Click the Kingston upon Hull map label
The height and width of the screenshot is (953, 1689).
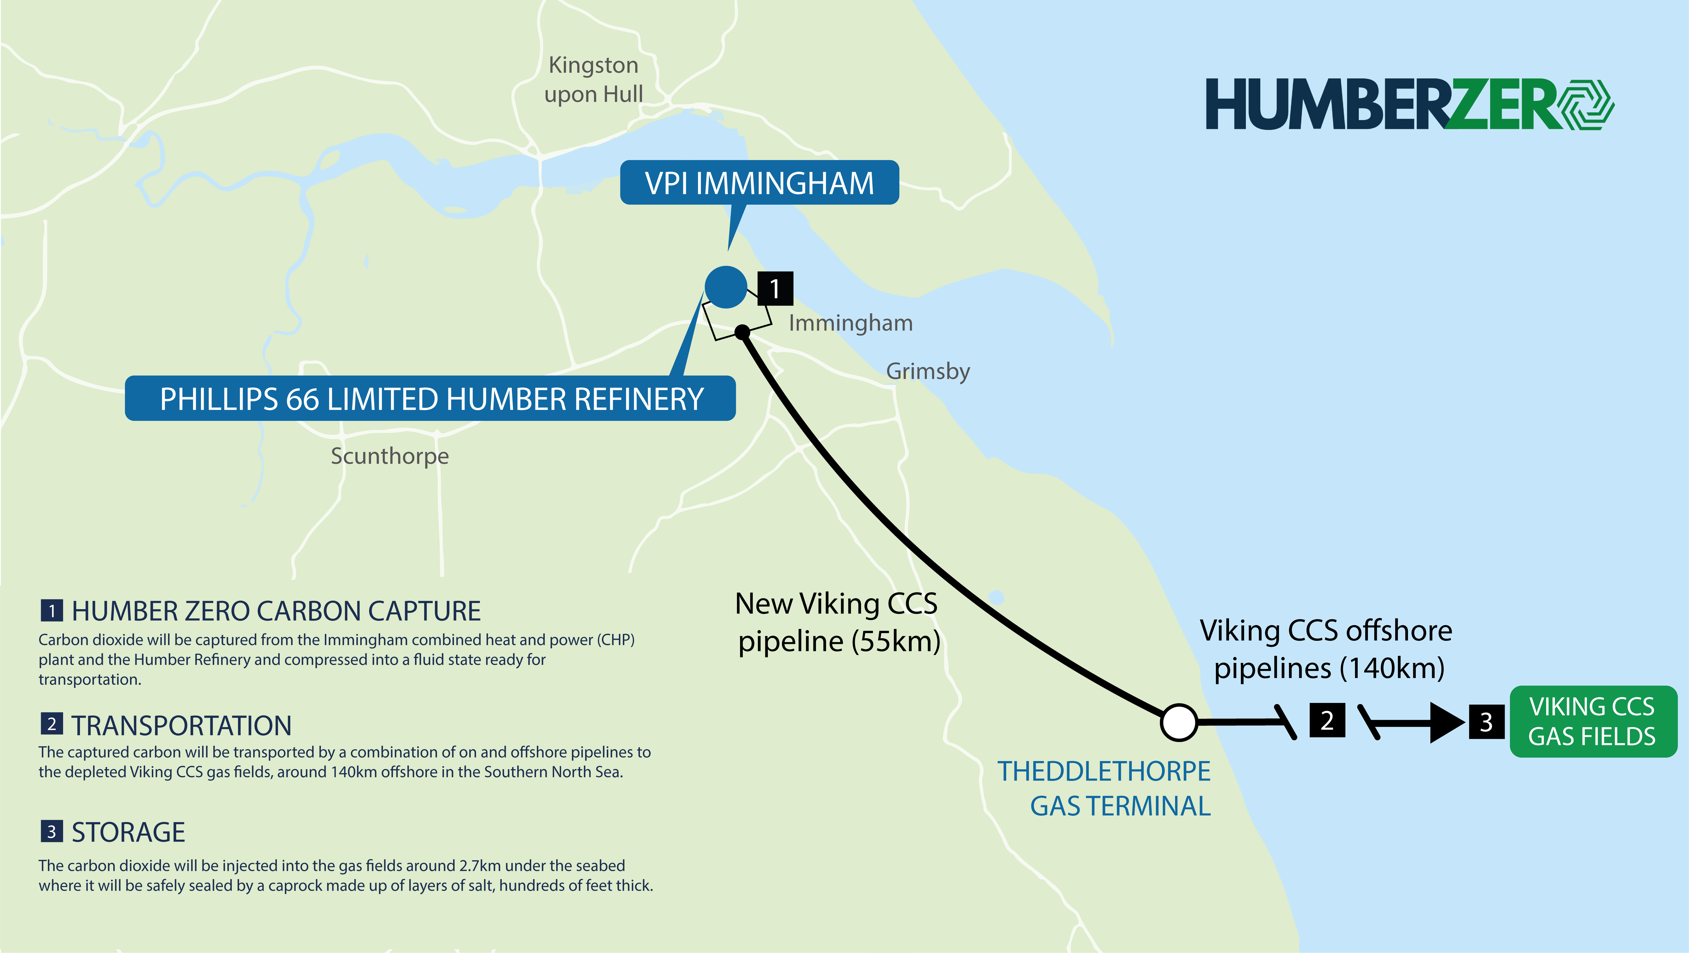(x=594, y=79)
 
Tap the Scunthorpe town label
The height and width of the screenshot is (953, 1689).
(x=390, y=456)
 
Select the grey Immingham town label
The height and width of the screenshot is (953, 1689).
(x=850, y=323)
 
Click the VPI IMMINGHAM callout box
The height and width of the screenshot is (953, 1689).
(x=759, y=183)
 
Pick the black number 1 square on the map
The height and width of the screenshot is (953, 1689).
(x=775, y=289)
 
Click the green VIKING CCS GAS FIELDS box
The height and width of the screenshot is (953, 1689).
(x=1593, y=722)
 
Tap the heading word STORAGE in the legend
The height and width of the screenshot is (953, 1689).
(x=128, y=832)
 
